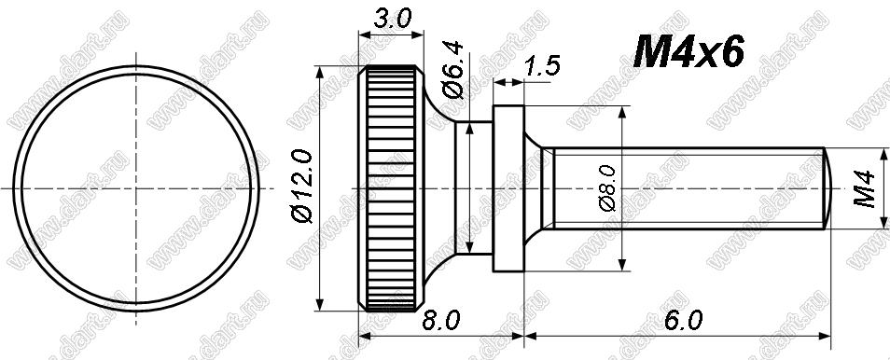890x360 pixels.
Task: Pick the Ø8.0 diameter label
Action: [607, 188]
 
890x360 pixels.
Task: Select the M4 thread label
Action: [865, 188]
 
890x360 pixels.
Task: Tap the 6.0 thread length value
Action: [684, 321]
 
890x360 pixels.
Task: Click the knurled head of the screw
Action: [391, 188]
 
